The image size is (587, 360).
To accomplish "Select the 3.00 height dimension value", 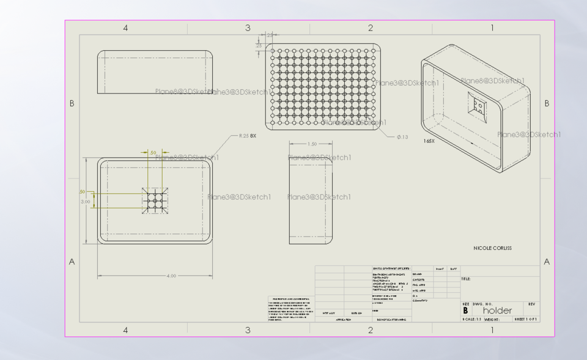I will [x=86, y=200].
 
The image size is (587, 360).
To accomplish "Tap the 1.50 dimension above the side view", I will [x=311, y=144].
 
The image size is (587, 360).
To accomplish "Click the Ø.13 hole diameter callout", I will [x=402, y=136].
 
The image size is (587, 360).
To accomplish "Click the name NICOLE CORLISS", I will [x=492, y=248].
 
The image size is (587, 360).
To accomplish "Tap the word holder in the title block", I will [x=497, y=310].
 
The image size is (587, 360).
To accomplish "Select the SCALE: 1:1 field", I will [x=474, y=319].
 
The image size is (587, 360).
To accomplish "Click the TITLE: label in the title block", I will [x=466, y=279].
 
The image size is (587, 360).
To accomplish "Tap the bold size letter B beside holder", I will [x=466, y=310].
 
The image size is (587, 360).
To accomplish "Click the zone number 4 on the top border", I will [x=125, y=28].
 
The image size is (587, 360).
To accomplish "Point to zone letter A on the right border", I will [x=547, y=262].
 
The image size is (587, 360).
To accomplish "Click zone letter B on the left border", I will [x=72, y=103].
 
